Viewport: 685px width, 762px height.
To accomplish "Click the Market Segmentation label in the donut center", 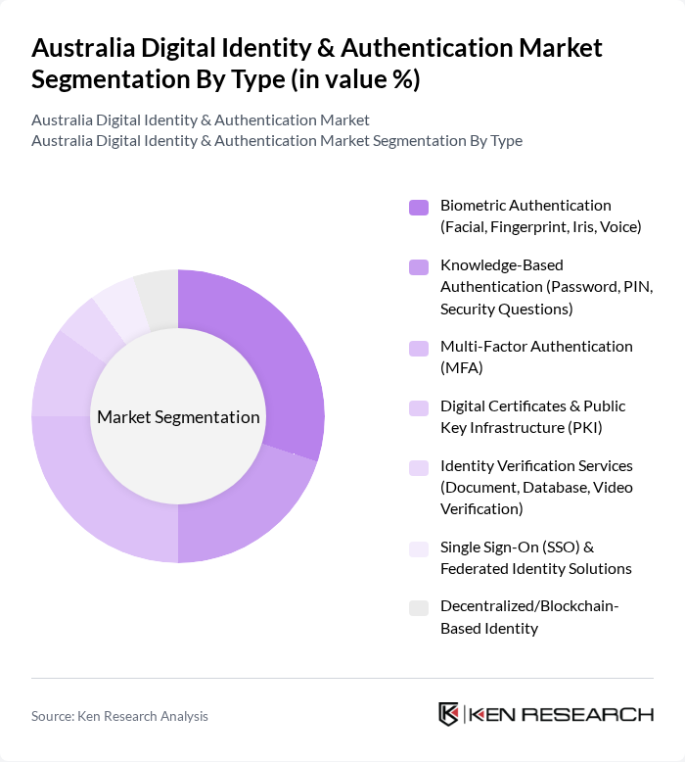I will (x=178, y=417).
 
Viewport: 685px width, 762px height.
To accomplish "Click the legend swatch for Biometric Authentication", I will (x=419, y=207).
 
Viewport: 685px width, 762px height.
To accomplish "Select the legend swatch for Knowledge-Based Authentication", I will (x=419, y=266).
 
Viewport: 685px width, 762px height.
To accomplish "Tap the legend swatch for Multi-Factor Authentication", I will (x=419, y=348).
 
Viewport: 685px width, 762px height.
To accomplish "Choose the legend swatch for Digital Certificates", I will (x=419, y=407).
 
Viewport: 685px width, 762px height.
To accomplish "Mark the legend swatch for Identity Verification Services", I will (x=419, y=467).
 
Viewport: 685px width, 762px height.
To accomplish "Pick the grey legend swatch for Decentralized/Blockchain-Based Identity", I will (x=419, y=608).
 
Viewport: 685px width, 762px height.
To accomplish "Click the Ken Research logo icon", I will (x=449, y=714).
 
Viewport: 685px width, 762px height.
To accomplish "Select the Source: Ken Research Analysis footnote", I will (x=119, y=716).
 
